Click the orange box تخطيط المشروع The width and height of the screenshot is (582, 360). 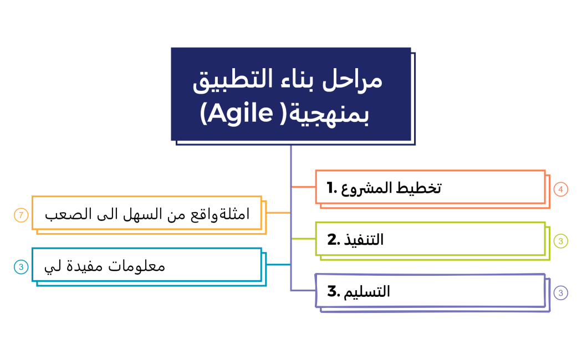(x=430, y=187)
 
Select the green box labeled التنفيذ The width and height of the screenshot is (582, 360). (x=430, y=239)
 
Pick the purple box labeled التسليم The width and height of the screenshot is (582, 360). (x=430, y=290)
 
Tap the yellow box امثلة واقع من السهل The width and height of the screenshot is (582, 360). (x=146, y=213)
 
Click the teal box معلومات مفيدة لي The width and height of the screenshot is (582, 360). (x=146, y=265)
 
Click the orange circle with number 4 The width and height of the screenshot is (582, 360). (x=561, y=189)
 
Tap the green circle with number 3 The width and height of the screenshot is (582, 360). (x=561, y=241)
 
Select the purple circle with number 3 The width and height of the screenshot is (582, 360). (x=561, y=293)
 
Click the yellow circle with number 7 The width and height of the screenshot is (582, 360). (x=21, y=215)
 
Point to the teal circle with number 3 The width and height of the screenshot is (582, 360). (x=21, y=267)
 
